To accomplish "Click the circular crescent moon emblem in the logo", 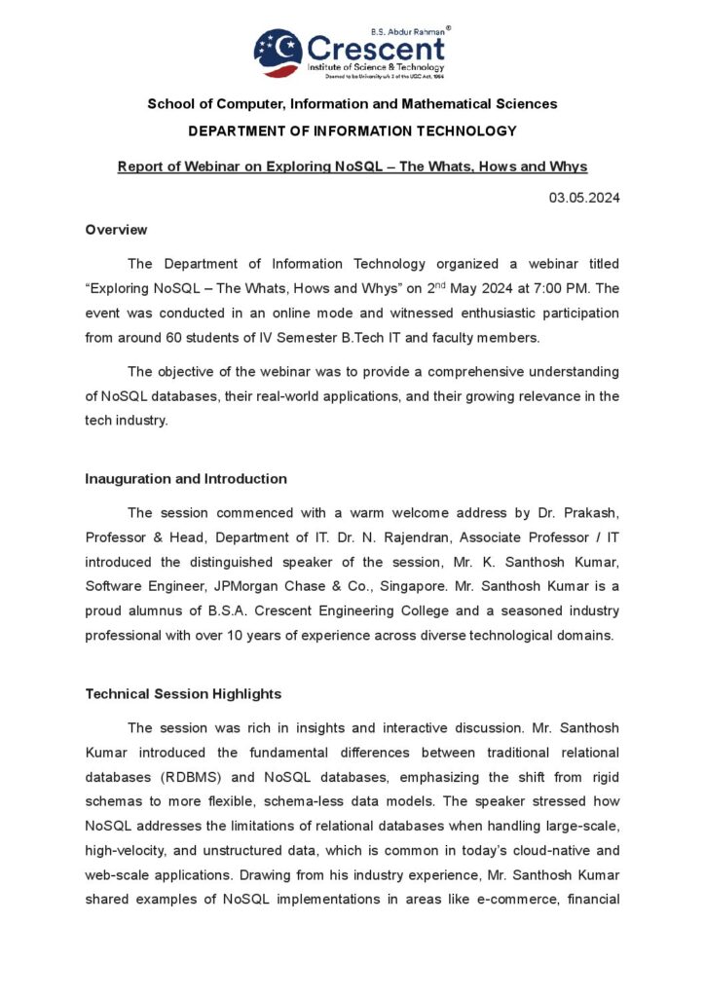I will [x=278, y=53].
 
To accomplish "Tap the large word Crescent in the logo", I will [x=376, y=49].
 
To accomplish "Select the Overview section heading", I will [x=116, y=230].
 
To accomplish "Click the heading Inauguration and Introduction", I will [x=186, y=479].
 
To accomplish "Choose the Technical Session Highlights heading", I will [x=183, y=694].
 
